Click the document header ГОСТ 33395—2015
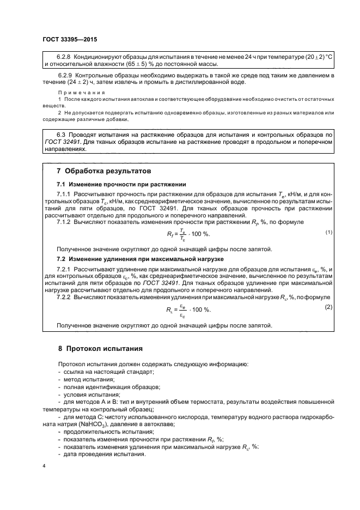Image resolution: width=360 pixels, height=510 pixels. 69,40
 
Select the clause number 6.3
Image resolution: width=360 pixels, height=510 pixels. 62,133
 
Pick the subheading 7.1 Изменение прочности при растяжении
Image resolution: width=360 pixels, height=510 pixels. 123,184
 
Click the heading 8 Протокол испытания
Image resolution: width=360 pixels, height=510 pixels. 100,348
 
